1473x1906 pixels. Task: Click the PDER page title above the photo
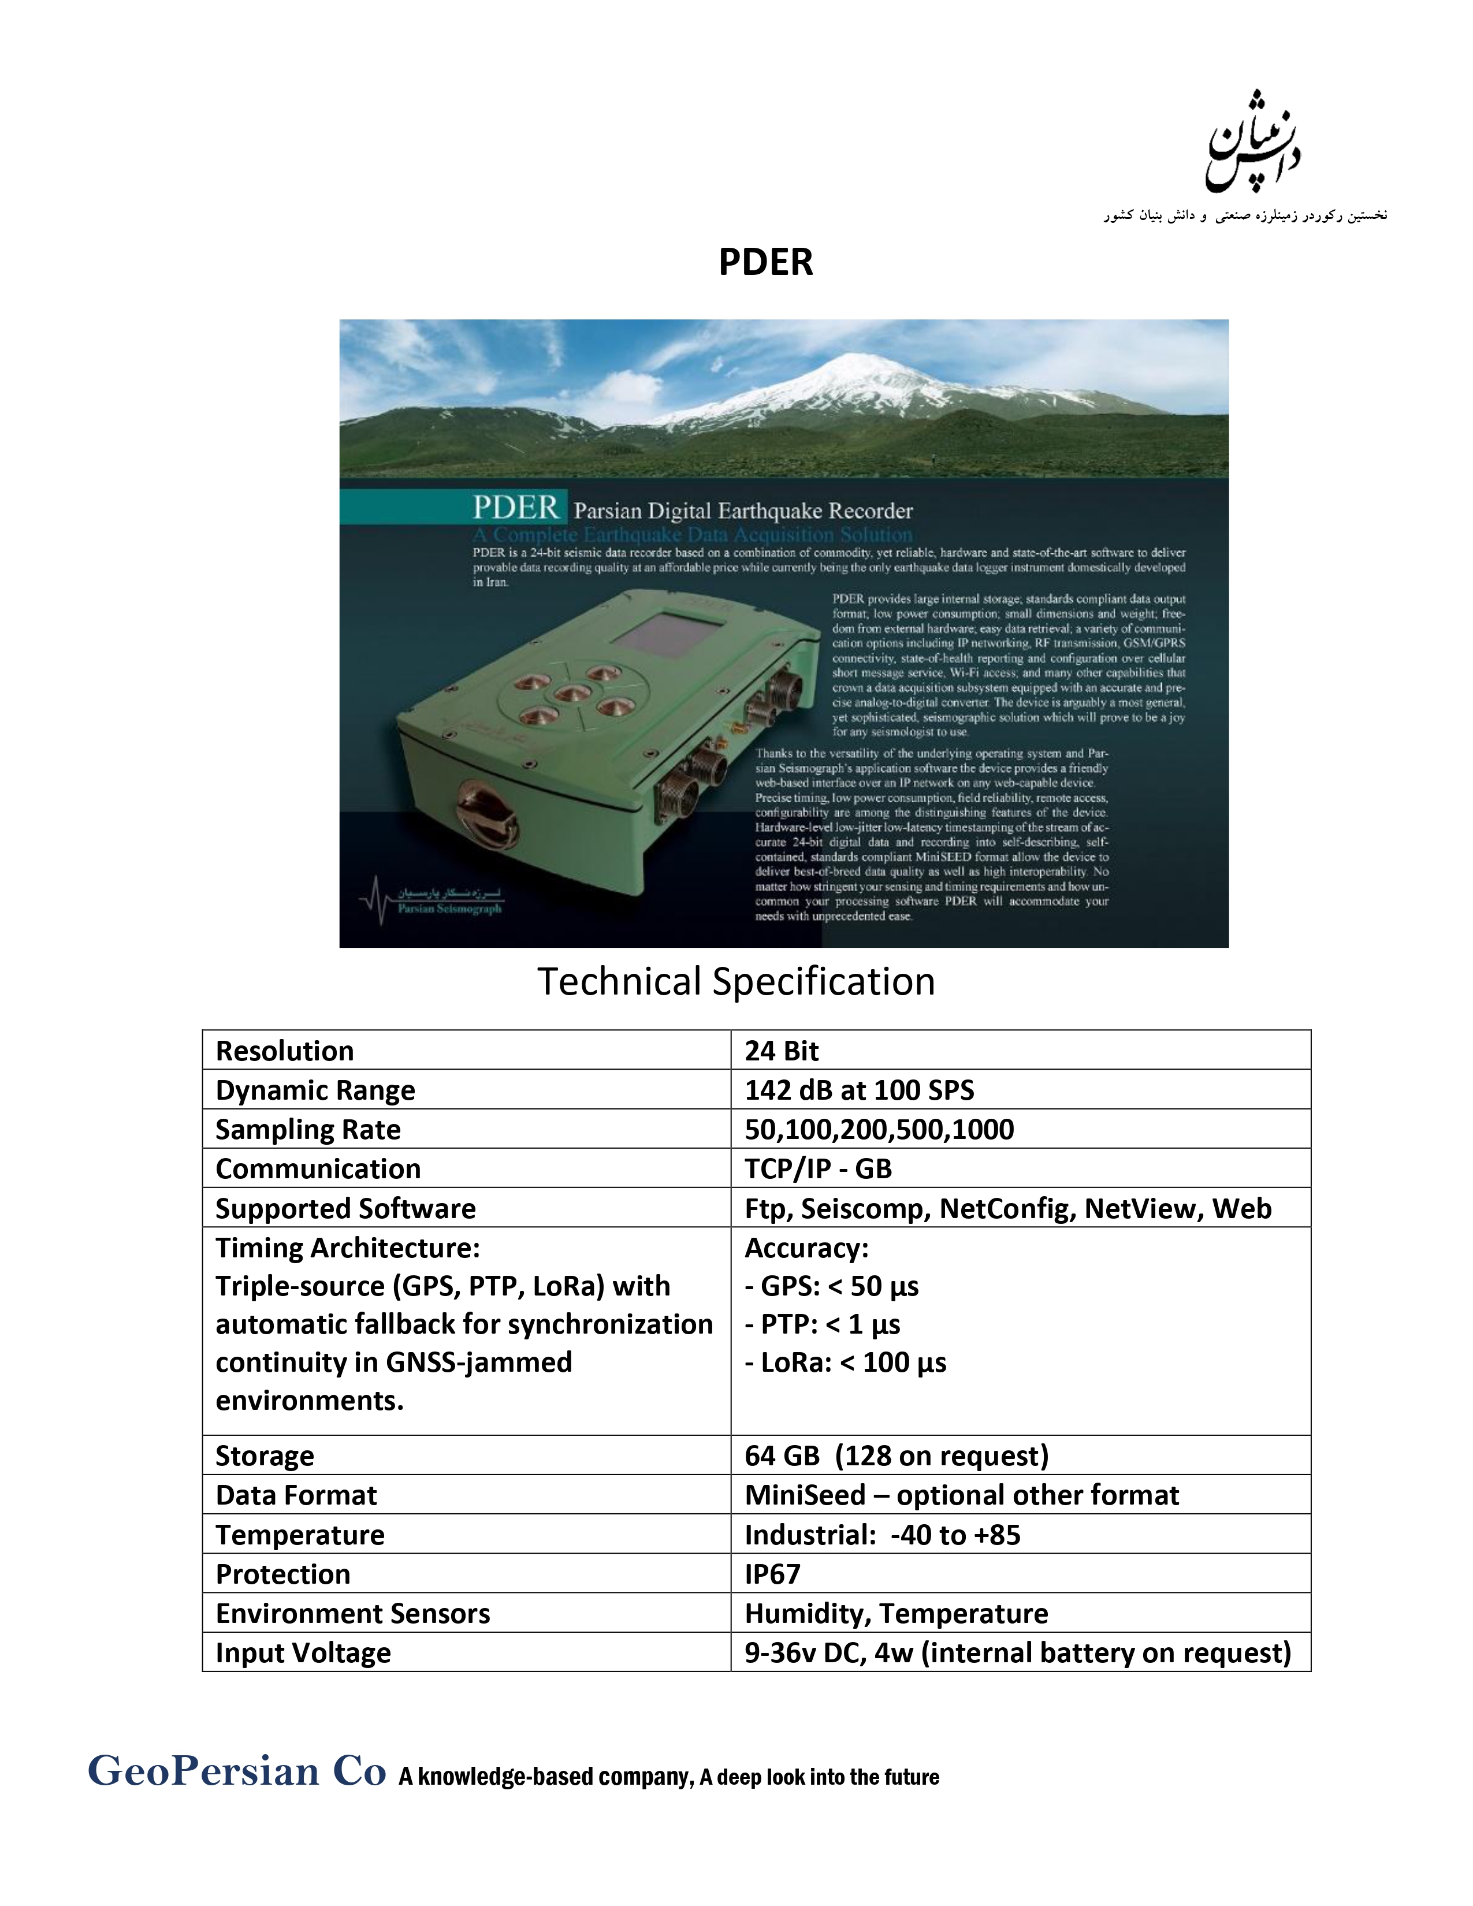[x=765, y=262]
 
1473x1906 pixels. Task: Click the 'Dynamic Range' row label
[x=315, y=1090]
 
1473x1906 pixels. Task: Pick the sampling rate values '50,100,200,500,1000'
[x=879, y=1129]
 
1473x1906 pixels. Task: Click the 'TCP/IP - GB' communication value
[x=817, y=1168]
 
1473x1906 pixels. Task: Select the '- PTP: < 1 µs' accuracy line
[x=821, y=1324]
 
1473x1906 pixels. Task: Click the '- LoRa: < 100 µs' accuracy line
[x=845, y=1363]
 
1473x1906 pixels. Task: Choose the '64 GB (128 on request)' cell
[x=896, y=1455]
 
